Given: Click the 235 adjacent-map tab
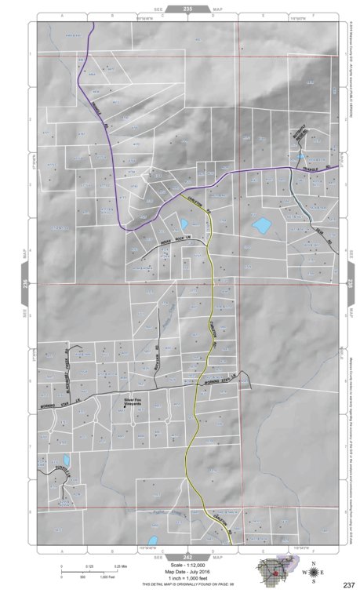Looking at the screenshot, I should coord(187,9).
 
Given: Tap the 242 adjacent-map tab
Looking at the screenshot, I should coord(187,555).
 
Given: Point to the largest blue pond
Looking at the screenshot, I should coord(261,227).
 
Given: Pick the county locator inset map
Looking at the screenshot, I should coord(274,570).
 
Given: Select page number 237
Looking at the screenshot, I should coord(348,584).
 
